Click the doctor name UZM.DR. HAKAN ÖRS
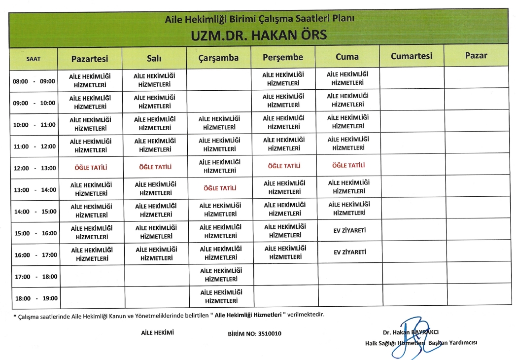[259, 35]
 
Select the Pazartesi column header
[89, 58]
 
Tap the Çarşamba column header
[218, 58]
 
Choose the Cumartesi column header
[411, 56]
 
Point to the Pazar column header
[476, 55]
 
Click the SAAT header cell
[34, 59]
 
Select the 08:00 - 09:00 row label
[34, 81]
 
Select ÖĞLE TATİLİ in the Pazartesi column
[91, 167]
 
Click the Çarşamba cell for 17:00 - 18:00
[220, 275]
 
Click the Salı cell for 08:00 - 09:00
[155, 80]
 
